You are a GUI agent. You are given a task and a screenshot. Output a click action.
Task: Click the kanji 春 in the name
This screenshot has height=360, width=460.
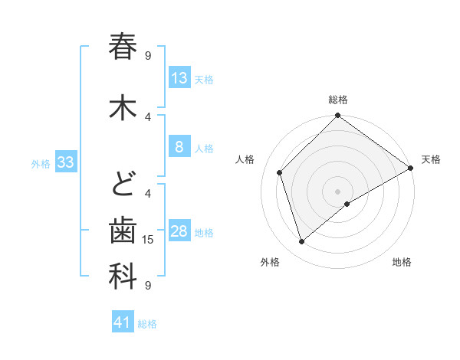[x=123, y=47]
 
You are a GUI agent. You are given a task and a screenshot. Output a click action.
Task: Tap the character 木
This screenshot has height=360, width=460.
[x=123, y=107]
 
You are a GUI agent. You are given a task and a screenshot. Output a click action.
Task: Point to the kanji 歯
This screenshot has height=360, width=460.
[x=123, y=231]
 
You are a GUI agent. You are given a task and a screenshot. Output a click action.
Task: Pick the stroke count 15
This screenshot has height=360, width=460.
[x=149, y=240]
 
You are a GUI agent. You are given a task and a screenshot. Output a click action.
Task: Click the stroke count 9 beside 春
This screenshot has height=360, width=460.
[x=148, y=55]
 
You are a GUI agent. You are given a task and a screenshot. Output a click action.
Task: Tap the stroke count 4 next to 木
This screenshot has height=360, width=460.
[x=148, y=116]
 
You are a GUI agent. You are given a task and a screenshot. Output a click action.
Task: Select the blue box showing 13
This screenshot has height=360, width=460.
[x=179, y=78]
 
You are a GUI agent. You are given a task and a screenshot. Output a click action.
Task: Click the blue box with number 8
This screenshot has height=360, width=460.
[x=179, y=147]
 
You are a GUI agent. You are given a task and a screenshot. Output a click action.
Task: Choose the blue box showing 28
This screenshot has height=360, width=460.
[x=179, y=232]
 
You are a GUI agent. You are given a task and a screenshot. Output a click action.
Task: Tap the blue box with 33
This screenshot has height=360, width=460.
[x=65, y=162]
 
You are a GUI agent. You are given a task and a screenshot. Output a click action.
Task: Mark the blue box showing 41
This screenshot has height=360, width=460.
[x=123, y=322]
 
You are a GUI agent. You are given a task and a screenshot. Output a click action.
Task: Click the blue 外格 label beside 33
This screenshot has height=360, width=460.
[x=41, y=163]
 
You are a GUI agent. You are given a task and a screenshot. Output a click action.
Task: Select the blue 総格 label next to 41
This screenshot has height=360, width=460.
[x=147, y=324]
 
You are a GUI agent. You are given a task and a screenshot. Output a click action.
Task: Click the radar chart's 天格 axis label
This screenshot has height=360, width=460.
[x=431, y=159]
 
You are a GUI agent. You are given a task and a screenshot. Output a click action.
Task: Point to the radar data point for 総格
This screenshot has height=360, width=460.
[x=337, y=116]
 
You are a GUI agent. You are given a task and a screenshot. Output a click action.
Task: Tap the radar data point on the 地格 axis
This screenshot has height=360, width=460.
[x=347, y=204]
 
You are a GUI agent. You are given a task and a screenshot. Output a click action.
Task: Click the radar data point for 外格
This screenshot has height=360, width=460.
[x=302, y=242]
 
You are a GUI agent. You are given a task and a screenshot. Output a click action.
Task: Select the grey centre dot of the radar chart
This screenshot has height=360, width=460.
[x=337, y=191]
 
